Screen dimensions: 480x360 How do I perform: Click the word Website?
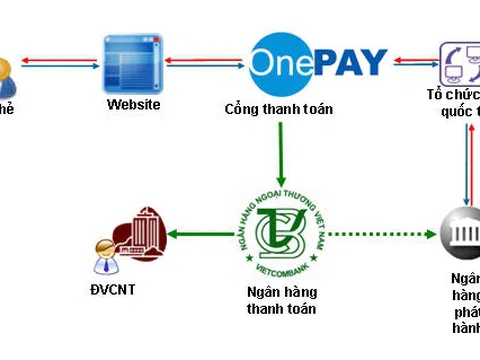(x=133, y=105)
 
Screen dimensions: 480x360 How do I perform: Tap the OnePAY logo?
(x=317, y=60)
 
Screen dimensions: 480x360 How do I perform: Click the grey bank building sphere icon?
(x=461, y=238)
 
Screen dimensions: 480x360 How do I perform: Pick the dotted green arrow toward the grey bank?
(x=381, y=236)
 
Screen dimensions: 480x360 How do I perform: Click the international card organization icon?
(x=460, y=62)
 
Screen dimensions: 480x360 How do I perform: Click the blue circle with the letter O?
(x=272, y=59)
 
